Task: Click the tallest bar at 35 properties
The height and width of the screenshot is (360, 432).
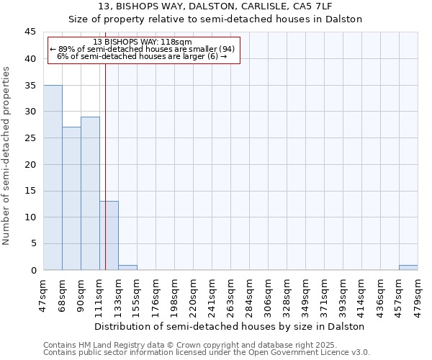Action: (x=53, y=177)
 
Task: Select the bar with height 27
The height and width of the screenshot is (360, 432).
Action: (x=71, y=199)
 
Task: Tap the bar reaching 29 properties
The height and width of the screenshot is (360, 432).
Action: (x=90, y=193)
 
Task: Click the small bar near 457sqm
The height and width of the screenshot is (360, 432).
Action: (x=408, y=268)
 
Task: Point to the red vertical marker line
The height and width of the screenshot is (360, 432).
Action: (x=105, y=166)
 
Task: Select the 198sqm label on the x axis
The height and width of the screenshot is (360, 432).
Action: (x=174, y=292)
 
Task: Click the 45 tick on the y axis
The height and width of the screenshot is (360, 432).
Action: (x=30, y=32)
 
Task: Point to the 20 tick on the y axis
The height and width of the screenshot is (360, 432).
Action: (x=30, y=164)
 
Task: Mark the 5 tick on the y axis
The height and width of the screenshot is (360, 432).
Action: (x=33, y=243)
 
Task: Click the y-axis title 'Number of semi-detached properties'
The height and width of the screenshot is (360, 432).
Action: (x=8, y=156)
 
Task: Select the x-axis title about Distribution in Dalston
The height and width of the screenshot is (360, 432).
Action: (x=230, y=326)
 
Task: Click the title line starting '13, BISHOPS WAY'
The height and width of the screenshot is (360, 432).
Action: (x=215, y=7)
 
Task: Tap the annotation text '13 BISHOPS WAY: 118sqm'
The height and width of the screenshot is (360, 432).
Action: (x=143, y=42)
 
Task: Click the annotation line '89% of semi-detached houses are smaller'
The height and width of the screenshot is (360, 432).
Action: (x=143, y=49)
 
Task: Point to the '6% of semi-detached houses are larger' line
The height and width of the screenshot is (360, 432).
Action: (x=143, y=56)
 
